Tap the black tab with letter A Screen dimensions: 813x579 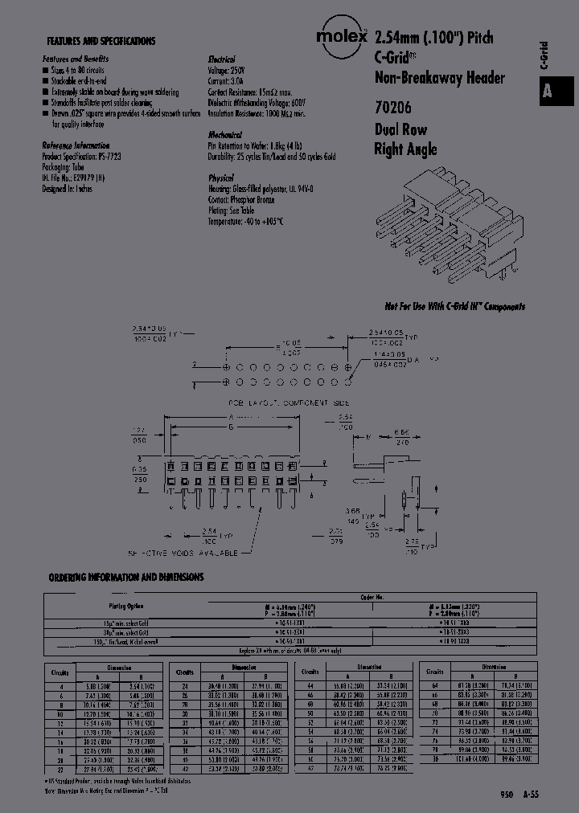[548, 91]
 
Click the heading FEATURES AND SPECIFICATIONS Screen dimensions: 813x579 [101, 41]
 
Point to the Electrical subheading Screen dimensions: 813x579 [221, 59]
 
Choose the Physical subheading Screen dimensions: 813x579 [221, 178]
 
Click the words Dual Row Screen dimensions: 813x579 [400, 129]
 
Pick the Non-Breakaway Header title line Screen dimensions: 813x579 [439, 77]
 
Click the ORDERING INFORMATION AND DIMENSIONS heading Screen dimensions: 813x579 [126, 577]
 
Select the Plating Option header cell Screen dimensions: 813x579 [127, 606]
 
